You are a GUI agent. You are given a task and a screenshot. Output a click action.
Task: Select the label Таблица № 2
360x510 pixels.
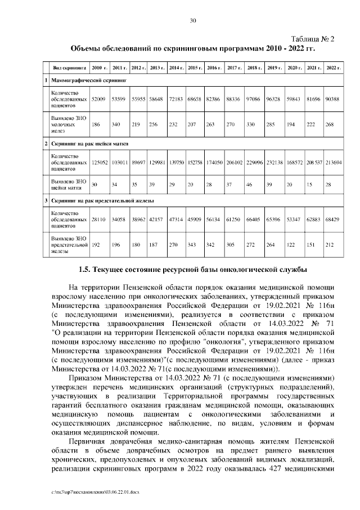tap(310, 39)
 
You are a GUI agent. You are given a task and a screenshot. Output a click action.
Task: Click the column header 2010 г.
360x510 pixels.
tap(100, 68)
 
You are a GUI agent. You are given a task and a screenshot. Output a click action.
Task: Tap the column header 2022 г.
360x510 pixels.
tap(334, 68)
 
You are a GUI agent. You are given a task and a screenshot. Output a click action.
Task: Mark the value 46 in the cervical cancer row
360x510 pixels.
tap(250, 185)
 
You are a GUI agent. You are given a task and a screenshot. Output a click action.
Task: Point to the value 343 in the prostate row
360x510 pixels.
tap(193, 245)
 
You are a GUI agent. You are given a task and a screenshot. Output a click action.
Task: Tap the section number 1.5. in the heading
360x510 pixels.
tap(87, 270)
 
